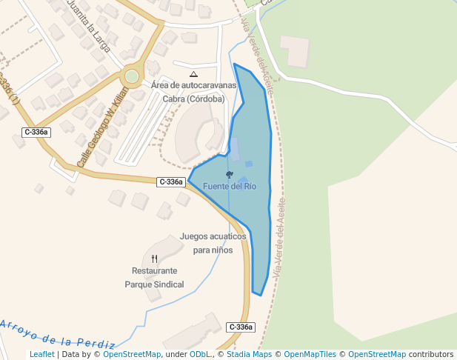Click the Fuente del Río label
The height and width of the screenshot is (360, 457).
(230, 187)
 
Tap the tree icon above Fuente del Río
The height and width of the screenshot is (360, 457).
(230, 175)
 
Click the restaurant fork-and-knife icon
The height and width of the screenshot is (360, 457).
(154, 259)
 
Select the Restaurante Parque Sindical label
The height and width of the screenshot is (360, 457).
(154, 278)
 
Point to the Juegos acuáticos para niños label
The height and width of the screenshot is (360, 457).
(213, 244)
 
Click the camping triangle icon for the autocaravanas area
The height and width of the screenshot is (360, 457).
(193, 74)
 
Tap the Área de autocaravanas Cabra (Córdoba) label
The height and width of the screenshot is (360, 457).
(194, 92)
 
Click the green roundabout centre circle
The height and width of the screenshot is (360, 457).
(132, 76)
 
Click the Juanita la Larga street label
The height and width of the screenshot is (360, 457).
(88, 25)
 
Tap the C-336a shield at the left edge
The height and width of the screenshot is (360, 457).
(36, 132)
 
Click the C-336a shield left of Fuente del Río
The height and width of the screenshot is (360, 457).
(170, 181)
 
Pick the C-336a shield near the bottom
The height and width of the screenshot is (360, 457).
(241, 327)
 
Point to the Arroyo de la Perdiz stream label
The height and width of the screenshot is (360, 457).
(58, 333)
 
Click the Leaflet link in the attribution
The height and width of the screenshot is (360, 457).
(41, 355)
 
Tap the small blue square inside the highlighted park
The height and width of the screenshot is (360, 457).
(249, 164)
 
